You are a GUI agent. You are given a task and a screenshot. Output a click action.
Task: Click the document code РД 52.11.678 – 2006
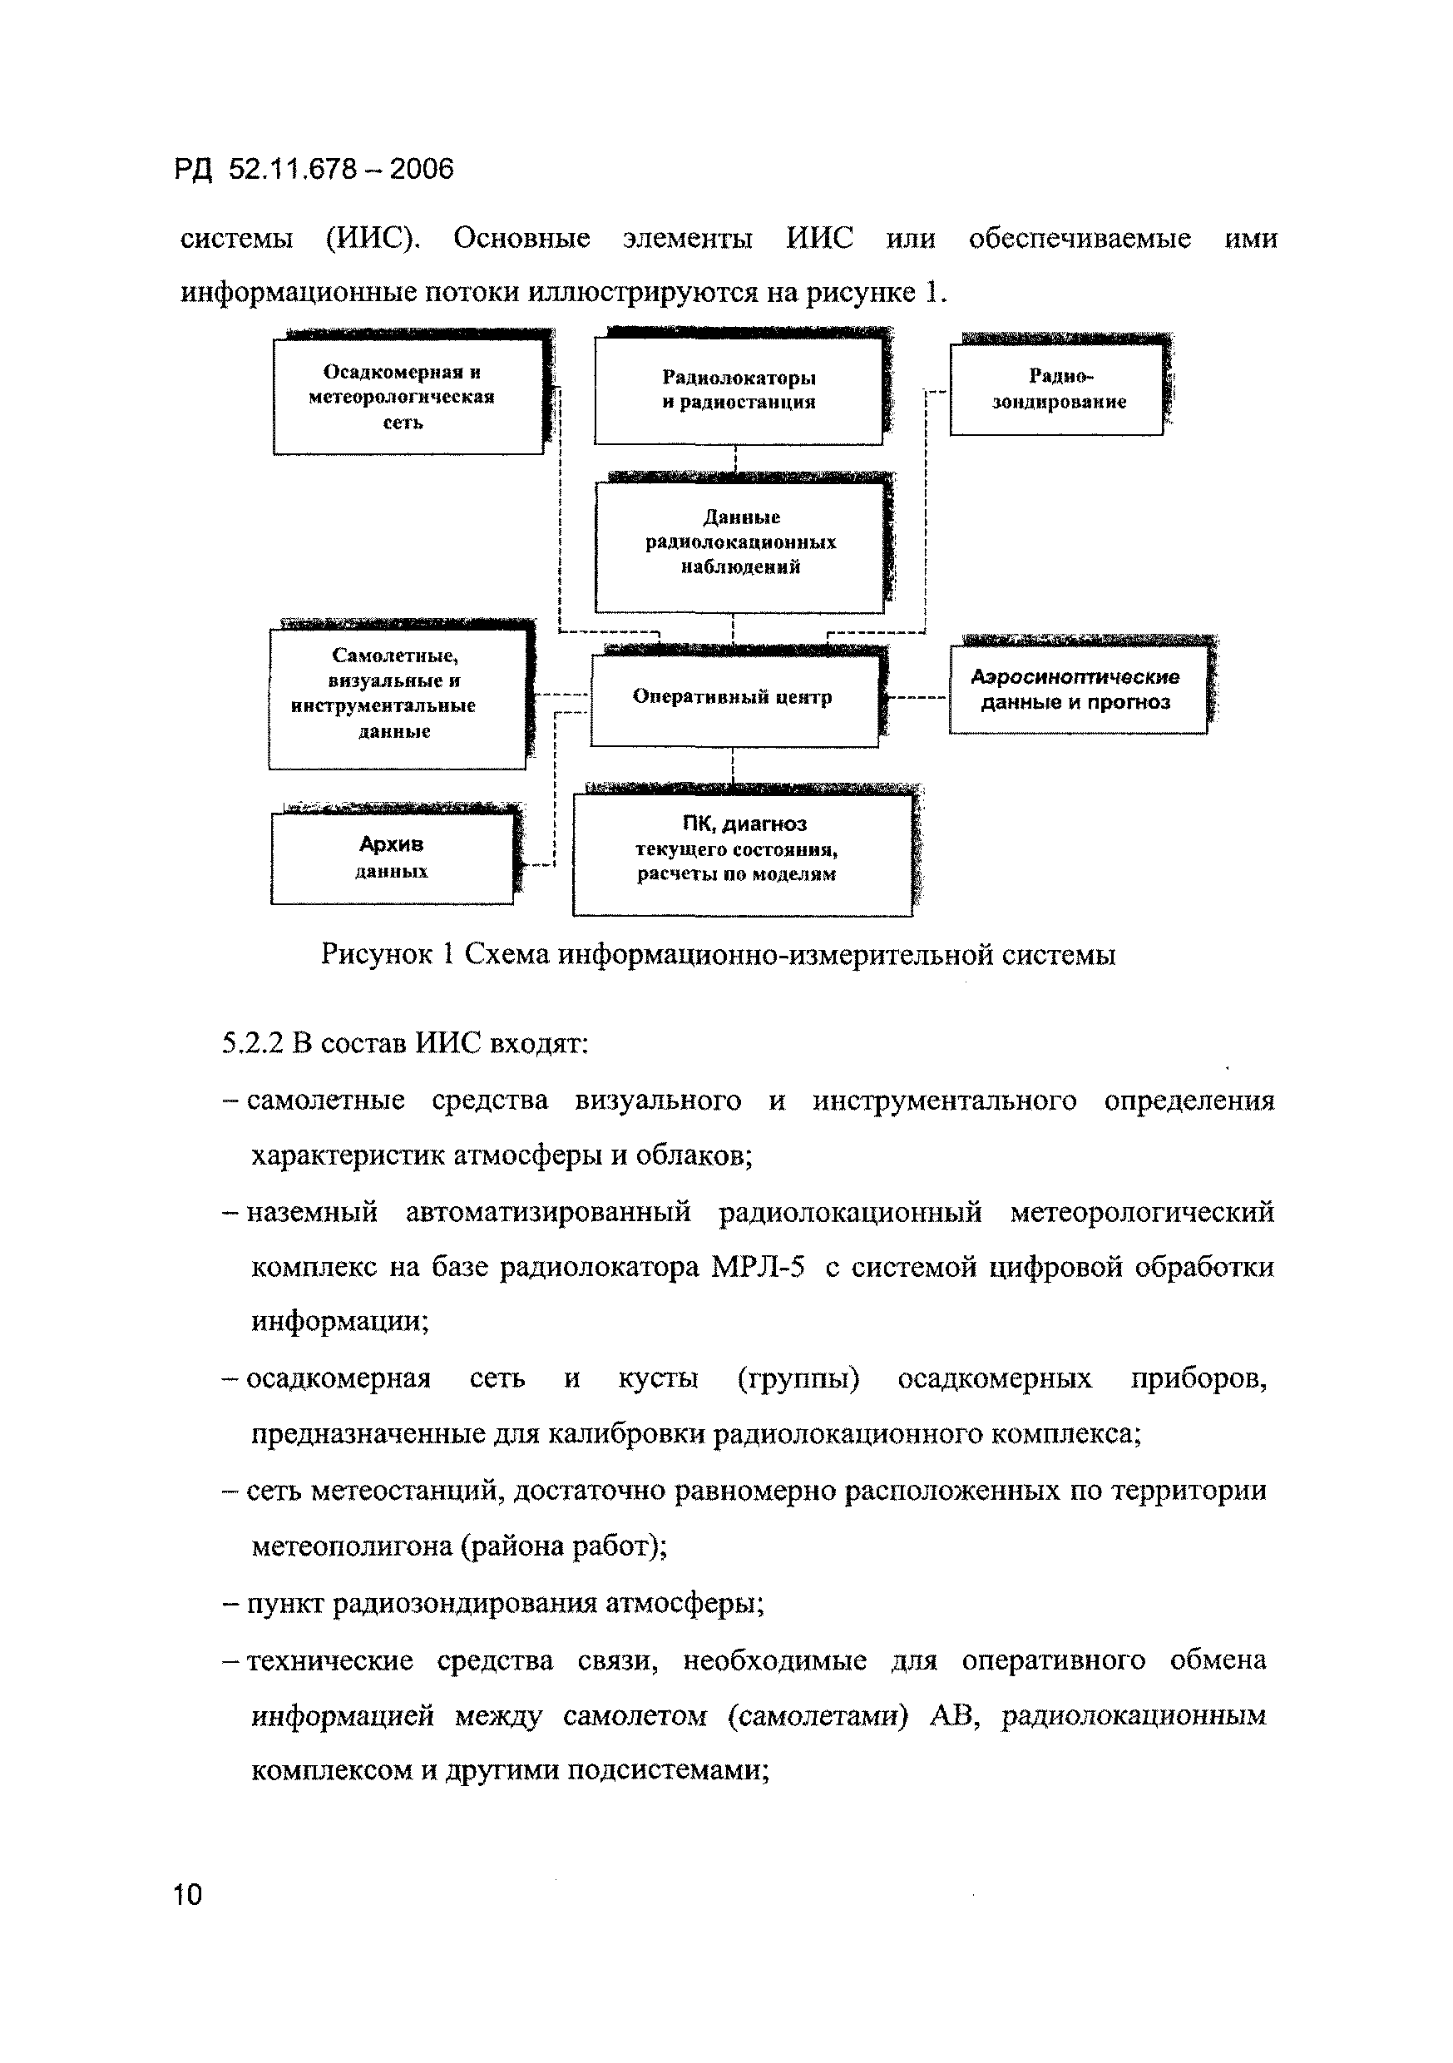coord(314,169)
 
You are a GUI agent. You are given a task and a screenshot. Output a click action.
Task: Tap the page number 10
coord(188,1895)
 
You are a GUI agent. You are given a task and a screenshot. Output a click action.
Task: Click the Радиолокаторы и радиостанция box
coord(738,390)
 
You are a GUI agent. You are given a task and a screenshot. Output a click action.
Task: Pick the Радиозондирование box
coord(1057,390)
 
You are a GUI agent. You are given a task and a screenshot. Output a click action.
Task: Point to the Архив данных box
coord(392,857)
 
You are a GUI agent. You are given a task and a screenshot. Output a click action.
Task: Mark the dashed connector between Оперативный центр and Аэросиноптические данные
coord(917,698)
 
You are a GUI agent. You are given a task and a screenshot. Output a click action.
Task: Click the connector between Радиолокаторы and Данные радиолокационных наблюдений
coord(736,461)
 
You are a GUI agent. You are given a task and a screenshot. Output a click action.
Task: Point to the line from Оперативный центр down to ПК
coord(734,765)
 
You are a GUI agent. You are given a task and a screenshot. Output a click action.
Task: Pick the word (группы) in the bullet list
coord(798,1378)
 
